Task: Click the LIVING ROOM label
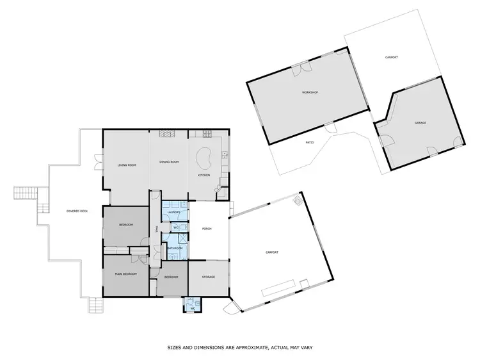pos(127,166)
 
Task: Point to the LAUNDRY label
pos(172,212)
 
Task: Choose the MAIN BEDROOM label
pos(127,274)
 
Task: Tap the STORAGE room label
pos(209,277)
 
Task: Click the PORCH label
pos(207,229)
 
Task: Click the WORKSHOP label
pos(310,92)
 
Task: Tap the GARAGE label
pos(420,122)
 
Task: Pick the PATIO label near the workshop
pos(308,142)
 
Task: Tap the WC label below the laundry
pos(175,227)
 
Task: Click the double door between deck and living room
pos(99,161)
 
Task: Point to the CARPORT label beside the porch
pos(271,252)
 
